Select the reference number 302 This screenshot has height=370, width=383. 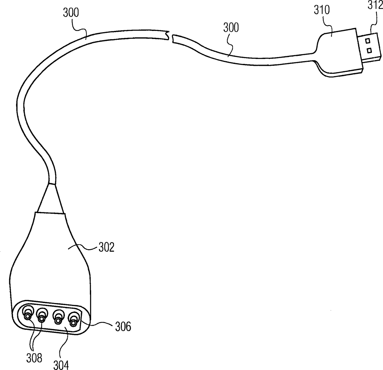(106, 247)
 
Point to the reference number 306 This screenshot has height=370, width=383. (123, 326)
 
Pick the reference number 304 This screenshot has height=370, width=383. (61, 366)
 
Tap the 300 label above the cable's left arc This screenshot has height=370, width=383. (71, 13)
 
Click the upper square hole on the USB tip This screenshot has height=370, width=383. (368, 41)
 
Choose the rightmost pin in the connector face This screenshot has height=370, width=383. (73, 320)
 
